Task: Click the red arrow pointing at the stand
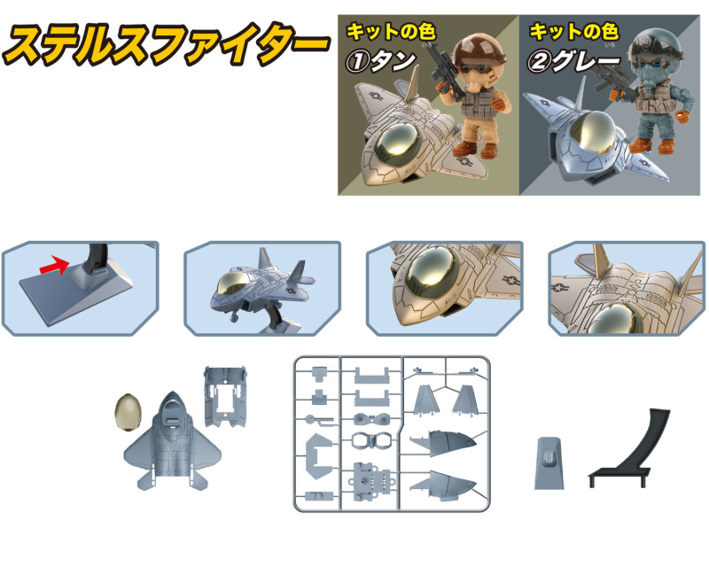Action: pyautogui.click(x=54, y=265)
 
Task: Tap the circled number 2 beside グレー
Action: pyautogui.click(x=539, y=61)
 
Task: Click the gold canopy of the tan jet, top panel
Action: pyautogui.click(x=398, y=145)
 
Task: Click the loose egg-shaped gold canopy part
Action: pyautogui.click(x=129, y=411)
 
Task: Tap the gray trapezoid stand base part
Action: pyautogui.click(x=549, y=463)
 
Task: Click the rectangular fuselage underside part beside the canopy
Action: pyautogui.click(x=225, y=397)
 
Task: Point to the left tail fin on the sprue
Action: pyautogui.click(x=425, y=400)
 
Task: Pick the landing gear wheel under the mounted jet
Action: pyautogui.click(x=234, y=318)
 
